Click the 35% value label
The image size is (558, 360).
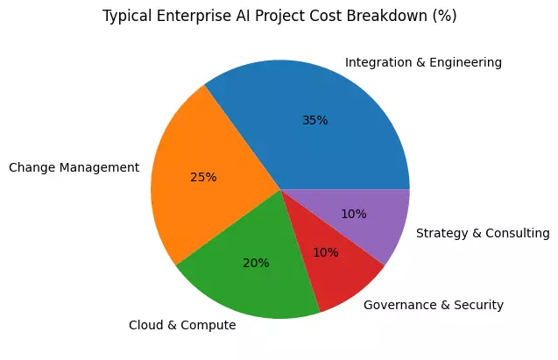click(x=314, y=120)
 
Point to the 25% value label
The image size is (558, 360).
click(x=203, y=176)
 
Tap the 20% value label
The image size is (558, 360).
click(x=256, y=262)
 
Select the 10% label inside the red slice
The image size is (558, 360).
click(x=326, y=253)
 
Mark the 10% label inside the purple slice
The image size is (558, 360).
click(x=354, y=214)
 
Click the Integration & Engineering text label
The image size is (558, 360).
click(x=423, y=63)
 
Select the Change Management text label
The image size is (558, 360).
click(x=74, y=167)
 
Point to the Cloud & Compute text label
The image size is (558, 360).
click(x=181, y=325)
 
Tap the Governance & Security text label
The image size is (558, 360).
click(x=433, y=305)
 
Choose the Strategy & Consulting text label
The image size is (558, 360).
click(x=483, y=233)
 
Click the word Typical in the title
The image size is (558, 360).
click(x=124, y=17)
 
